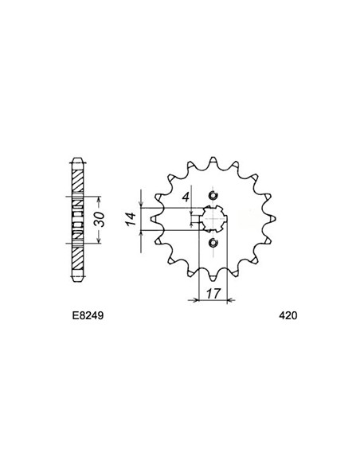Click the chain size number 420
click(288, 315)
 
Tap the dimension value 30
click(99, 219)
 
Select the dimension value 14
click(129, 219)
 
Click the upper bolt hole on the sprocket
click(212, 197)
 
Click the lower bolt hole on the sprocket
click(212, 243)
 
